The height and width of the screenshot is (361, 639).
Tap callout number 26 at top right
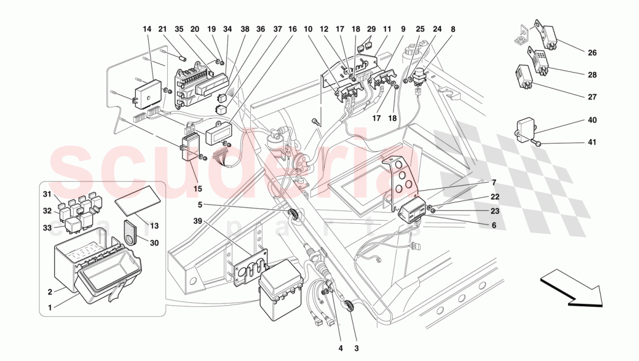coord(592,52)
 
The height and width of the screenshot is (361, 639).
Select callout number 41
coord(592,142)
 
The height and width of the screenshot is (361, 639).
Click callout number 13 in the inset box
coord(154,226)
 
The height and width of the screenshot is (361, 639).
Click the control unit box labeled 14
coord(146,88)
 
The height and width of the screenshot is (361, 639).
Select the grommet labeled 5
coord(295,215)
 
